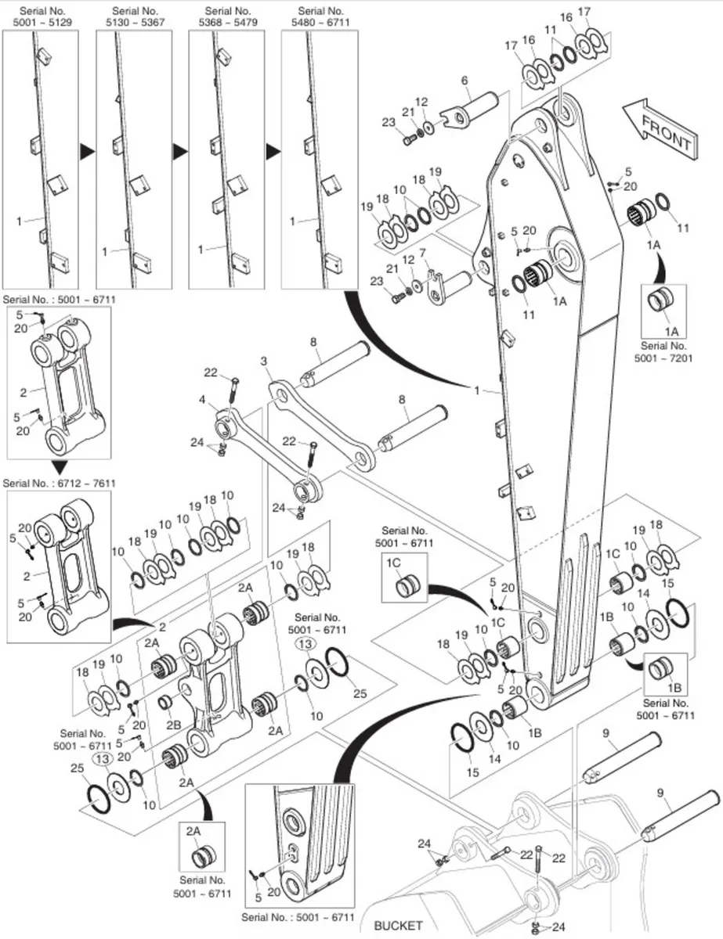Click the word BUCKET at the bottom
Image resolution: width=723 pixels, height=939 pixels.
pyautogui.click(x=398, y=926)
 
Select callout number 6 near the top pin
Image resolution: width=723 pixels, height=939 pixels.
pyautogui.click(x=465, y=81)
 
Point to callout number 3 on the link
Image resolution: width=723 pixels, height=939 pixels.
pyautogui.click(x=264, y=360)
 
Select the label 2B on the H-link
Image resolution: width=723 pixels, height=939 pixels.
pyautogui.click(x=174, y=725)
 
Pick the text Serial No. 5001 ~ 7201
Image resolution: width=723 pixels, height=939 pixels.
pyautogui.click(x=663, y=350)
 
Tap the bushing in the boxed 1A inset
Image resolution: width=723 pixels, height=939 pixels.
pyautogui.click(x=663, y=301)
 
